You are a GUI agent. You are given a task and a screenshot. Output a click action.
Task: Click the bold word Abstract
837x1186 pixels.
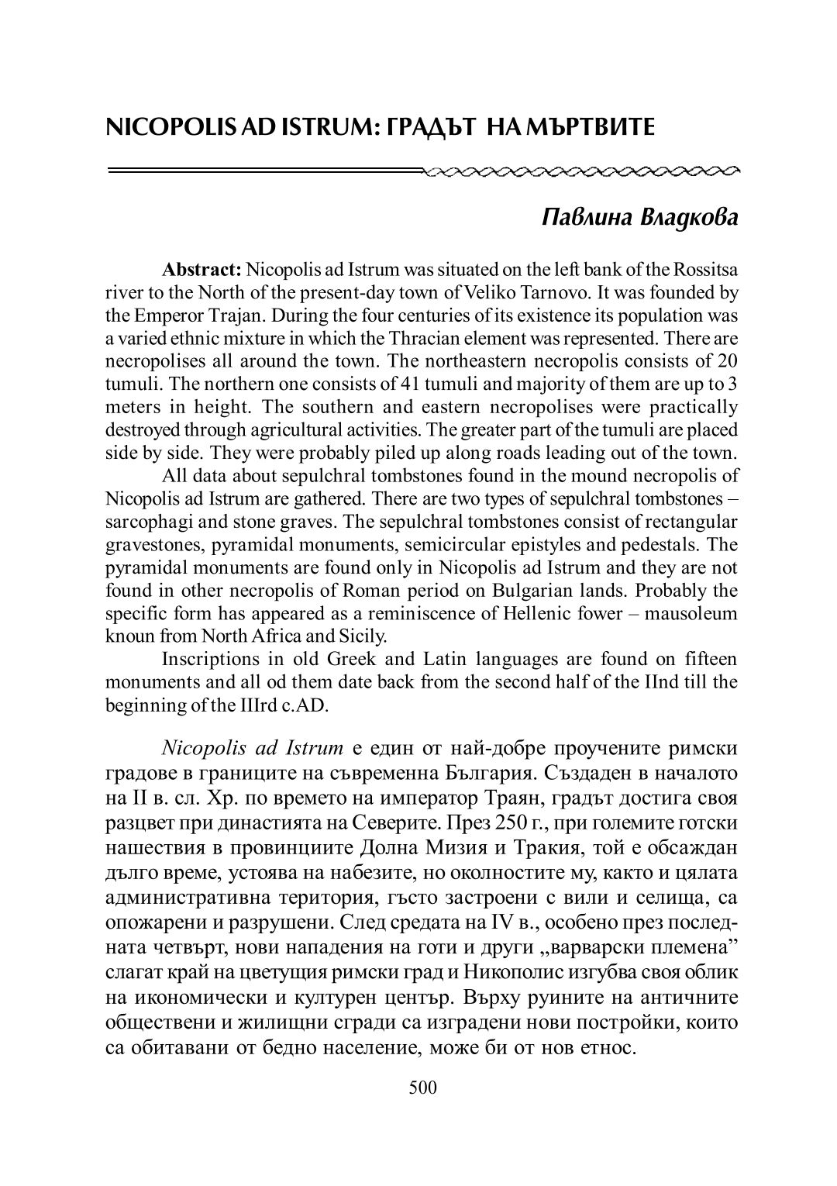click(201, 270)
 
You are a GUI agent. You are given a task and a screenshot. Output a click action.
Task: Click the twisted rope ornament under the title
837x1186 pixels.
click(581, 168)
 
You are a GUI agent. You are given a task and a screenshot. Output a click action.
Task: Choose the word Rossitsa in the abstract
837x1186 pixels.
click(707, 270)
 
